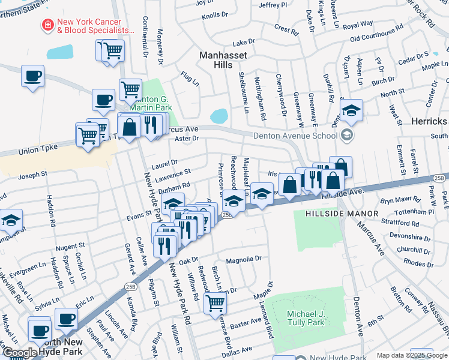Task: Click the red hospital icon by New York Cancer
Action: (x=46, y=25)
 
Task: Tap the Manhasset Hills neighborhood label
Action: (x=223, y=60)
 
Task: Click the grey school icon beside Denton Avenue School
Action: (x=346, y=136)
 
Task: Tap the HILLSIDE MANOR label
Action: (x=342, y=214)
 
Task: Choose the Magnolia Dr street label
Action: (x=244, y=260)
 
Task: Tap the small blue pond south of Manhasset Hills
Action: (x=219, y=115)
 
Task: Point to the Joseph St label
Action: (x=32, y=175)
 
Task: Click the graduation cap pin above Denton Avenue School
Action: (x=351, y=110)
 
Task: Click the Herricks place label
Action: (x=429, y=121)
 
